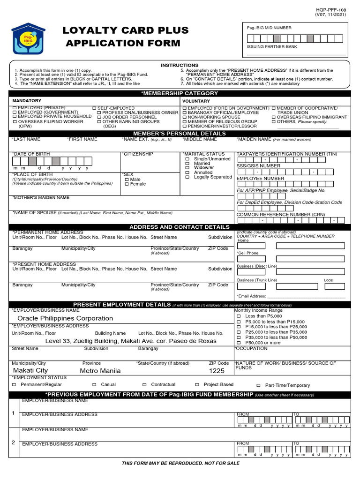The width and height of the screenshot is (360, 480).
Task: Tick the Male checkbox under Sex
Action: pos(127,180)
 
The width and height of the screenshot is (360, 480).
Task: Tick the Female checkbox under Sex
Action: pos(127,184)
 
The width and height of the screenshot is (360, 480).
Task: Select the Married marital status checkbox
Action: pos(187,164)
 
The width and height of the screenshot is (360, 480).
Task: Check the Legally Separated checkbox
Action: pos(187,177)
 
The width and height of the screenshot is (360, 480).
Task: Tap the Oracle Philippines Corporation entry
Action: pos(65,318)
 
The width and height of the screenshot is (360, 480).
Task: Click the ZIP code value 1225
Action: pos(217,371)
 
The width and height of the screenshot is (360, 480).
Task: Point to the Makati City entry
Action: pos(30,371)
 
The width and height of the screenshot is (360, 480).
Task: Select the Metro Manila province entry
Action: pos(100,371)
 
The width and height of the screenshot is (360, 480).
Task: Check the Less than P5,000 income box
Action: pos(239,316)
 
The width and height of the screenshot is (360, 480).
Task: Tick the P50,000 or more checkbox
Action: pos(239,343)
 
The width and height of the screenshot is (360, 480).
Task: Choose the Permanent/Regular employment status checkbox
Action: pos(14,384)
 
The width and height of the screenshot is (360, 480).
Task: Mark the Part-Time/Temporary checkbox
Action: pos(259,385)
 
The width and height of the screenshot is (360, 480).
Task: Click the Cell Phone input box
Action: pos(251,259)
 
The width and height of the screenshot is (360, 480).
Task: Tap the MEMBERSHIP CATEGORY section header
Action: pos(180,94)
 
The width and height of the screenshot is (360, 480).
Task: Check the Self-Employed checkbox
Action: pos(94,108)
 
